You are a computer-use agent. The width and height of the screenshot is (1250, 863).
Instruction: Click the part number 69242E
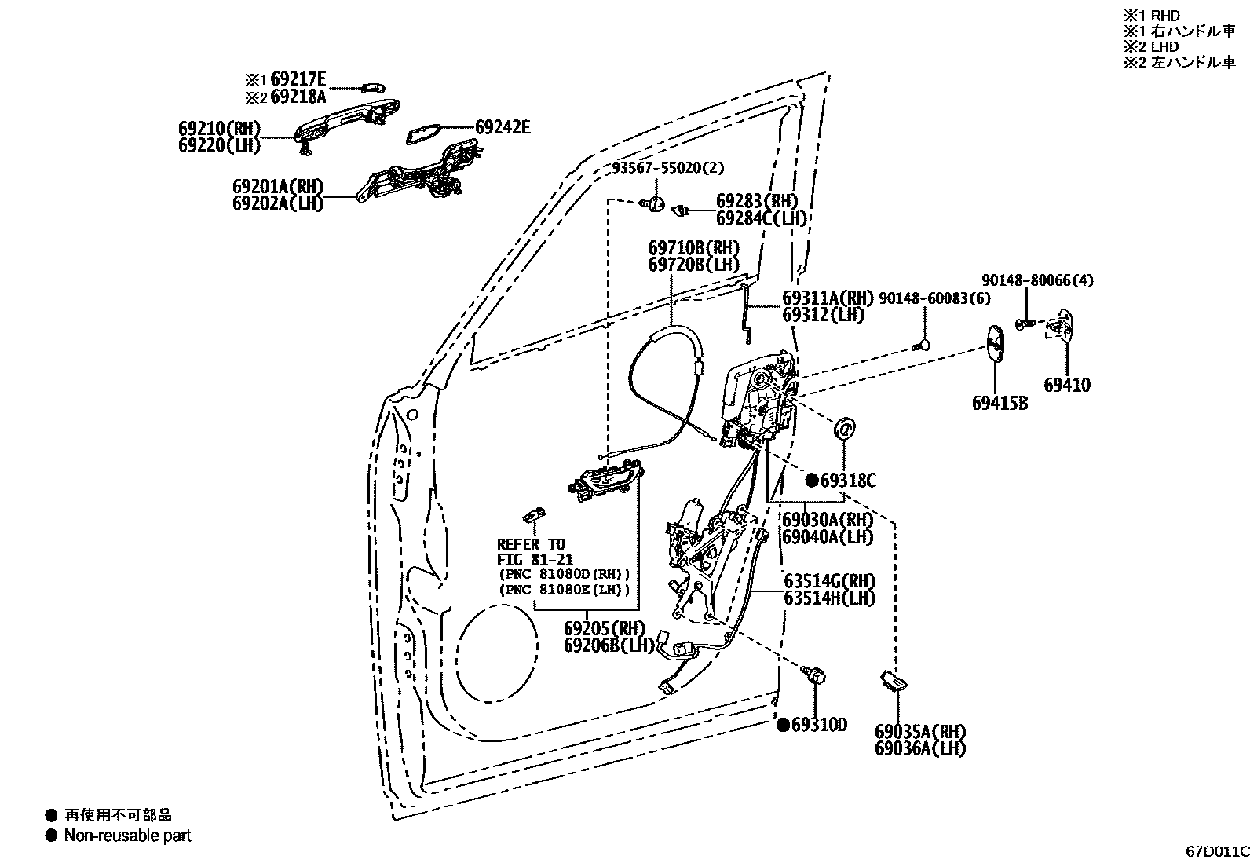[x=503, y=127]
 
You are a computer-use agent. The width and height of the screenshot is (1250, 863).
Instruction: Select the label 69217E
[x=298, y=79]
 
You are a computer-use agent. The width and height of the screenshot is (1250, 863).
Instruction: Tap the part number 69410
[x=1066, y=385]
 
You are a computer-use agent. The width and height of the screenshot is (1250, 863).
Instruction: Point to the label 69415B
[x=1000, y=404]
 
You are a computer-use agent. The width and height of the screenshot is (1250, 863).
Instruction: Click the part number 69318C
[x=847, y=481]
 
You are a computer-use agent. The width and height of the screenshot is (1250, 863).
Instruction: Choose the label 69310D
[x=819, y=725]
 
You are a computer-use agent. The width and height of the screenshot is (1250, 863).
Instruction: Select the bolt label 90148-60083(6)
[x=934, y=298]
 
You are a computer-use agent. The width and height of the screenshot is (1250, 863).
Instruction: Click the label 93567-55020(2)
[x=668, y=168]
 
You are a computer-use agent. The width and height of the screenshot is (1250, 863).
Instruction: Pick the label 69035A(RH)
[x=919, y=731]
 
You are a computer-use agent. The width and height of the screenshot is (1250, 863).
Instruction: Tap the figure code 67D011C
[x=1216, y=850]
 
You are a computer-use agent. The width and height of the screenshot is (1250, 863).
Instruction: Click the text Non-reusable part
[x=128, y=836]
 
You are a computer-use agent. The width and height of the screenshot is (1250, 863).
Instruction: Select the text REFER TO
[x=531, y=544]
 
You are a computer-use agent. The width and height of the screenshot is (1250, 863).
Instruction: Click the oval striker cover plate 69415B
[x=996, y=343]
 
